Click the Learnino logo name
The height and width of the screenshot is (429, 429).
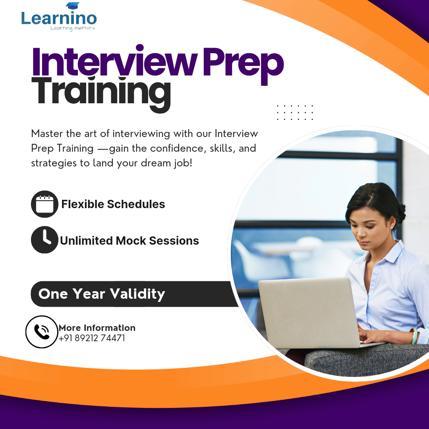tap(59, 18)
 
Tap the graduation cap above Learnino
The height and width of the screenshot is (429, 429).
tap(73, 6)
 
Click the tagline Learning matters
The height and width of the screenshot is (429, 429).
tap(73, 28)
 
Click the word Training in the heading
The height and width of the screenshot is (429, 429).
tap(101, 93)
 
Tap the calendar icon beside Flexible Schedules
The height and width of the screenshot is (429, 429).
tap(44, 204)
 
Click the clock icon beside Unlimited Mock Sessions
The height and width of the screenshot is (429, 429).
tap(44, 240)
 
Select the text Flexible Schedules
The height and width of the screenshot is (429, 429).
tap(113, 204)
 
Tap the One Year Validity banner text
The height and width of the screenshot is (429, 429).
tap(102, 294)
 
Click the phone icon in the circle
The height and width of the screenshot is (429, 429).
tap(42, 332)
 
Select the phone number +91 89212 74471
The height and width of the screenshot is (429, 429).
tap(92, 338)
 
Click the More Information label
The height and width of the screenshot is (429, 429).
tap(97, 328)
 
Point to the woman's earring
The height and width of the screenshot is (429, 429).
tap(392, 227)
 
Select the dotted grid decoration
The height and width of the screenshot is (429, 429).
tap(295, 112)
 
